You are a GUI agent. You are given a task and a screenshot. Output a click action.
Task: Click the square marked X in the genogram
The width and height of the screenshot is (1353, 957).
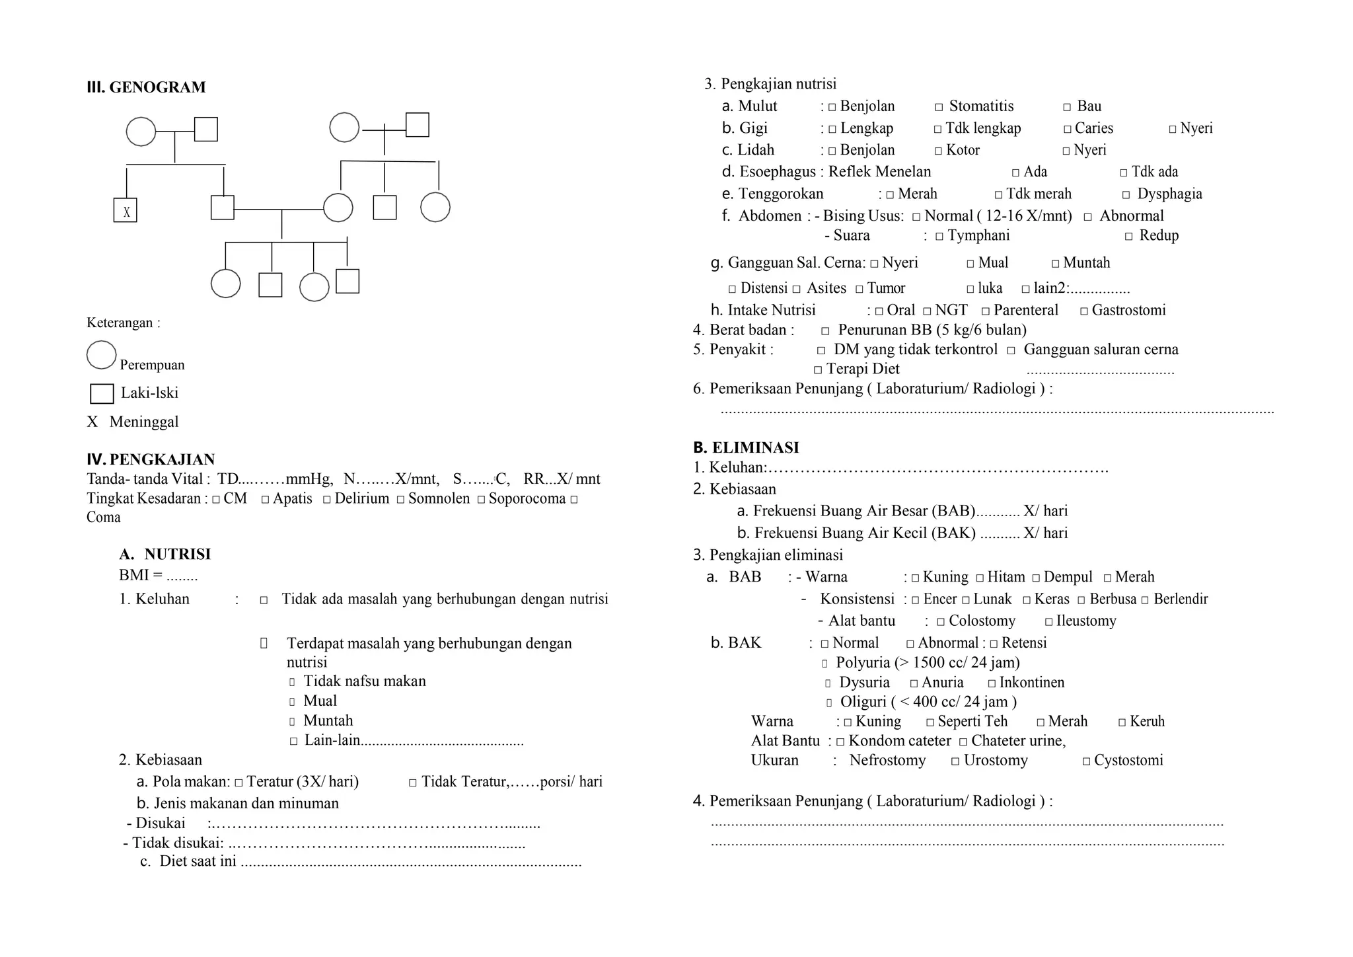click(126, 210)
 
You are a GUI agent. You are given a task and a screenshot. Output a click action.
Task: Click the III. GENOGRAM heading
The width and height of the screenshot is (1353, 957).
click(146, 87)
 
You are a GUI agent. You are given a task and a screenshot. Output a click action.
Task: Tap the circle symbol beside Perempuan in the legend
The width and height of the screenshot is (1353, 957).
click(102, 355)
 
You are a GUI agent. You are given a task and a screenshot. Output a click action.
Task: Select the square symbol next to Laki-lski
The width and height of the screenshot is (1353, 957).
click(102, 393)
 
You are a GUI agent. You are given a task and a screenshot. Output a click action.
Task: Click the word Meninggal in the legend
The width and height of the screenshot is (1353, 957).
click(143, 422)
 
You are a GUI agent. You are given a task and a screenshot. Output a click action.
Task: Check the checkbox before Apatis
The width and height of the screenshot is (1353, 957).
click(265, 500)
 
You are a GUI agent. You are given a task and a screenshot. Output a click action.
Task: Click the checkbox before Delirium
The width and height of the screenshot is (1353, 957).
click(326, 500)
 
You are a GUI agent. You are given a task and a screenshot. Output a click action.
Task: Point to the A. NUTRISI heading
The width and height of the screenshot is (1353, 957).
click(165, 554)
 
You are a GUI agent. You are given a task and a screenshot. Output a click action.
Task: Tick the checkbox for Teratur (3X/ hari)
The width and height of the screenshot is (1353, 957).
click(238, 783)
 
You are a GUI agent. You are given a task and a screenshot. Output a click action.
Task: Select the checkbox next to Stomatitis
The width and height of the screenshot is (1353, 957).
click(939, 107)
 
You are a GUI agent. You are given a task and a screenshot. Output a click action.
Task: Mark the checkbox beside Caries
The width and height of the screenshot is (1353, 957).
click(1067, 129)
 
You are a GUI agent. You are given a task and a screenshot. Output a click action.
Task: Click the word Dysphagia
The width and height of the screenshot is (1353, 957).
click(1169, 194)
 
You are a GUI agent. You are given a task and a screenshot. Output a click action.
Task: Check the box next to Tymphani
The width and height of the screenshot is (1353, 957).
click(939, 237)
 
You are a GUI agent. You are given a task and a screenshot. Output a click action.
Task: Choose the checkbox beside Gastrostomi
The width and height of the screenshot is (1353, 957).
click(1083, 311)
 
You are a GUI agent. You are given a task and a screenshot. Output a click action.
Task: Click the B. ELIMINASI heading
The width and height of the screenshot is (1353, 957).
click(746, 447)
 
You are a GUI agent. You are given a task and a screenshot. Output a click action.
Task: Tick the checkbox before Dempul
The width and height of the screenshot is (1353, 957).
click(1036, 578)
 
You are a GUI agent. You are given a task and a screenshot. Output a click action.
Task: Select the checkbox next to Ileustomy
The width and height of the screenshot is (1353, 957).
click(1048, 622)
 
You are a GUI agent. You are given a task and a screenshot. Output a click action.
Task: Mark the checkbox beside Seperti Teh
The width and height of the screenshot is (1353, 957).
click(930, 722)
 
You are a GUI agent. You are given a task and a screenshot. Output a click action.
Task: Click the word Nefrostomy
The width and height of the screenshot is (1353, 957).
click(887, 760)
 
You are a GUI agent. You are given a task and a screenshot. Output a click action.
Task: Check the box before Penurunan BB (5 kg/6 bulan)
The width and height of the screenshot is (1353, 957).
click(825, 331)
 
